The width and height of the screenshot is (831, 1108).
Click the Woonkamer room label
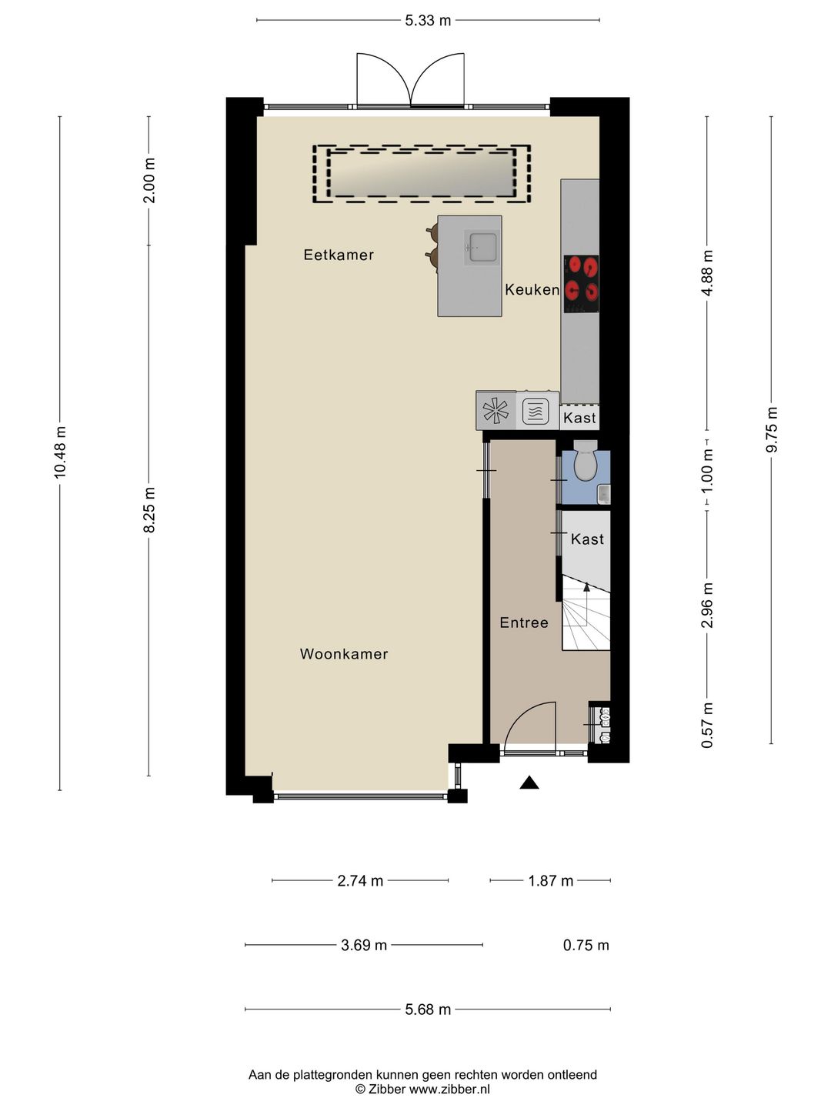[x=344, y=654]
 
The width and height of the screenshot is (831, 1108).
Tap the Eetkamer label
[x=339, y=255]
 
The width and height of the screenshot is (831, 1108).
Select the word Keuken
[x=532, y=290]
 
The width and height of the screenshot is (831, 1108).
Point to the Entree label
[x=524, y=623]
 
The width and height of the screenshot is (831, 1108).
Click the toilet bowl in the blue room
[x=586, y=463]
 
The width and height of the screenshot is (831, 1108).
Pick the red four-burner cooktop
[x=581, y=284]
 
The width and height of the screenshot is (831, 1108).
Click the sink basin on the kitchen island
[x=483, y=247]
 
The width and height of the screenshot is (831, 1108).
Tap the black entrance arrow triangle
[x=529, y=783]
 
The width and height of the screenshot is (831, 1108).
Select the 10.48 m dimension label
[x=60, y=452]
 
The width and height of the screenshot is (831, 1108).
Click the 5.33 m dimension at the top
[x=428, y=21]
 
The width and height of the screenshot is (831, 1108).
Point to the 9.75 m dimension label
[x=772, y=429]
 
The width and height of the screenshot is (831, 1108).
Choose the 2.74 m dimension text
[x=360, y=881]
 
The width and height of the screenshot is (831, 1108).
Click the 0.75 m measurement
[x=586, y=945]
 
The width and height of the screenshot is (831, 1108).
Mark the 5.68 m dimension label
[x=428, y=1009]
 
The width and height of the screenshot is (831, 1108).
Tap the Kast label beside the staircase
[x=587, y=539]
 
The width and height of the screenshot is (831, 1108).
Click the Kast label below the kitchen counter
[x=579, y=418]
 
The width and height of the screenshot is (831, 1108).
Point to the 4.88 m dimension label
[x=707, y=273]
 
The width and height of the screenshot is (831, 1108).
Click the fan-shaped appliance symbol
[x=496, y=410]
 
